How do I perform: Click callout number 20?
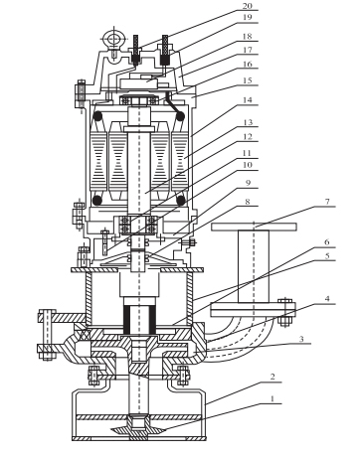[x=248, y=6]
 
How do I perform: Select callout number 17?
[x=248, y=50]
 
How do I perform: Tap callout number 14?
[x=248, y=99]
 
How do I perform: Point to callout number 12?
[x=248, y=136]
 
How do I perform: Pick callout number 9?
[x=248, y=183]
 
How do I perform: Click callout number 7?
[x=327, y=201]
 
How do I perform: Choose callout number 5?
[x=327, y=256]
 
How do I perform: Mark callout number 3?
[x=301, y=339]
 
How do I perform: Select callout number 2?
[x=272, y=377]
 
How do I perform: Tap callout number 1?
[x=272, y=398]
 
